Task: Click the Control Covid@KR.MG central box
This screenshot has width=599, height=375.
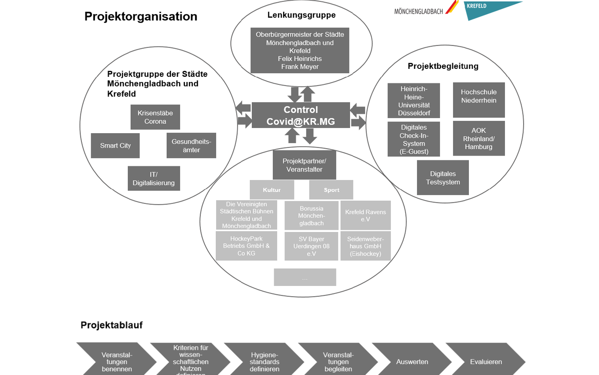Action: (x=300, y=115)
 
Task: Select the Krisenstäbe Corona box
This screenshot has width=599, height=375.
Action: (x=155, y=117)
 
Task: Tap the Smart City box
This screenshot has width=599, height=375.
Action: (x=115, y=146)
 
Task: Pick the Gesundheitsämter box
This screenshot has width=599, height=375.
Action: (x=191, y=146)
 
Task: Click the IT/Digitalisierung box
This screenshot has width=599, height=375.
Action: (x=153, y=179)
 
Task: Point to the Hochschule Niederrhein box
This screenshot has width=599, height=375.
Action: (x=479, y=100)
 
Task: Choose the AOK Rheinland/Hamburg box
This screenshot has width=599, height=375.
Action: (x=479, y=138)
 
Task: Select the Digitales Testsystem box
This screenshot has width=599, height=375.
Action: (x=443, y=178)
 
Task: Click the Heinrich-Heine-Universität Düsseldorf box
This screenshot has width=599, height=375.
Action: (x=414, y=101)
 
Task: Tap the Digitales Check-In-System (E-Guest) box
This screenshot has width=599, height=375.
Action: (x=414, y=139)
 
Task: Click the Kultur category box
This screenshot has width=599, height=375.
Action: (x=272, y=190)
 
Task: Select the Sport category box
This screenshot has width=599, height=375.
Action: (x=331, y=190)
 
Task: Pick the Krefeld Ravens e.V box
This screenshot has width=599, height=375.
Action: (x=365, y=215)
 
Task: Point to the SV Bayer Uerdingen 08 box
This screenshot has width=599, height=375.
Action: (x=311, y=246)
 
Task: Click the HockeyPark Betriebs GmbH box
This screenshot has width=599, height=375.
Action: (x=246, y=246)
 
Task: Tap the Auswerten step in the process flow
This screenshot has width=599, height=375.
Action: (x=412, y=361)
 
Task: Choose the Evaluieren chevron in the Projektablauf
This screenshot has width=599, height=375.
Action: (x=486, y=361)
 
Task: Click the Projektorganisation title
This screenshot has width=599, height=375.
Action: (x=141, y=16)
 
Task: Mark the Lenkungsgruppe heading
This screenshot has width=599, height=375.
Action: (x=301, y=15)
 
